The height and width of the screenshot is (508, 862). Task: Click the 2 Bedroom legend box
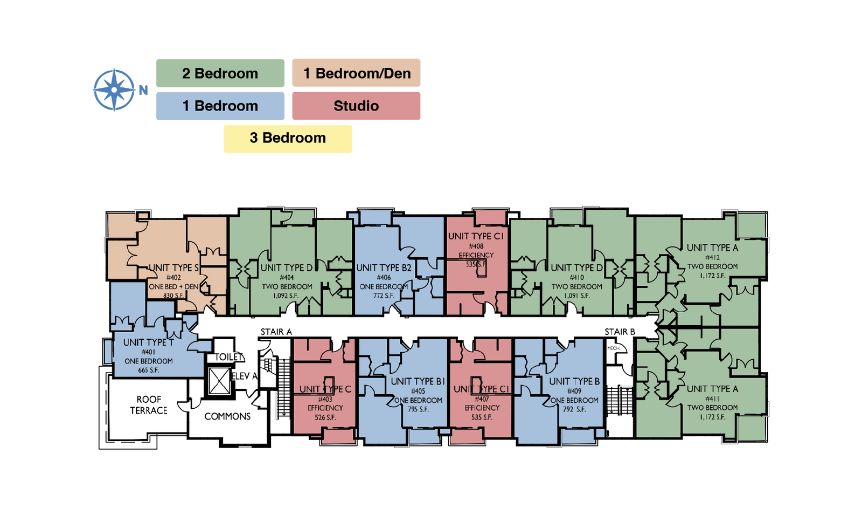[x=220, y=73]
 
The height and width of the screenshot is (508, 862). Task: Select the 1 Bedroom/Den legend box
[x=356, y=73]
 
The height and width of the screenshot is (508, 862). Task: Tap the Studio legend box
[x=356, y=106]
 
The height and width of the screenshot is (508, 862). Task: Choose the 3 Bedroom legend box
[x=288, y=139]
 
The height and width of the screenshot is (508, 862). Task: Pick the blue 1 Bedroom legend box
[x=220, y=106]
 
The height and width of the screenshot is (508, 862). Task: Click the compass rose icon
[x=114, y=90]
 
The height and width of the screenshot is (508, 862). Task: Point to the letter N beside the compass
[x=143, y=90]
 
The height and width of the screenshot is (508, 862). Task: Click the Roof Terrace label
[x=149, y=405]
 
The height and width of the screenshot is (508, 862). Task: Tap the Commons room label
[x=227, y=416]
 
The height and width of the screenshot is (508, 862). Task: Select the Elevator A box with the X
[x=219, y=382]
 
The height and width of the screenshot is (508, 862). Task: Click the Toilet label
[x=229, y=357]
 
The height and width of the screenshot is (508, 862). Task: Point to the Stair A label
[x=276, y=332]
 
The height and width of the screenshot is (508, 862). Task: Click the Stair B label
[x=620, y=332]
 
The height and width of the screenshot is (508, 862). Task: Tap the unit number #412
[x=712, y=257]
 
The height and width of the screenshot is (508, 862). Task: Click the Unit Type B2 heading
[x=384, y=267]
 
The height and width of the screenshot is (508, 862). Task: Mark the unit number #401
[x=148, y=352]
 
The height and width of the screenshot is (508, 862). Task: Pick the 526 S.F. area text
[x=325, y=417]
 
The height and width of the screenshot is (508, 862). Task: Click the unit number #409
[x=574, y=391]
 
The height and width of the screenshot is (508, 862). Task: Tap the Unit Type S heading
[x=173, y=267]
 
